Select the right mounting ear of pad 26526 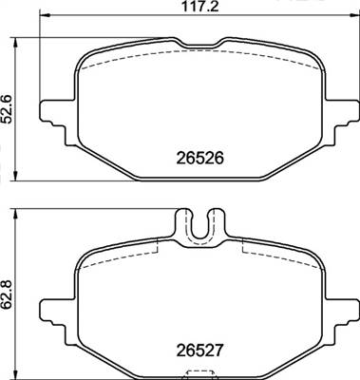coord(340,112)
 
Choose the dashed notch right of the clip coord(245,245)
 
